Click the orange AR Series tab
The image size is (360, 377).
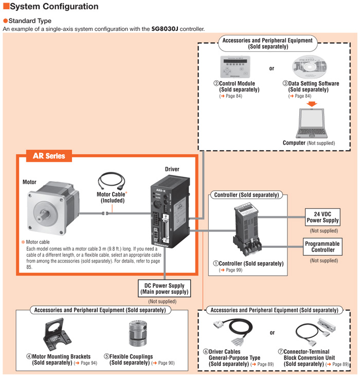(x=49, y=156)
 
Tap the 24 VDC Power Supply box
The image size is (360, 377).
(x=322, y=217)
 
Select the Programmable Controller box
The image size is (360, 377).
(x=322, y=246)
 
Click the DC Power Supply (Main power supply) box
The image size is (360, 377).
(x=164, y=288)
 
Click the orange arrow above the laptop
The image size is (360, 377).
(x=311, y=104)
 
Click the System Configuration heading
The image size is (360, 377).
(x=51, y=7)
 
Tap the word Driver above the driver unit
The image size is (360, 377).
(x=172, y=169)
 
